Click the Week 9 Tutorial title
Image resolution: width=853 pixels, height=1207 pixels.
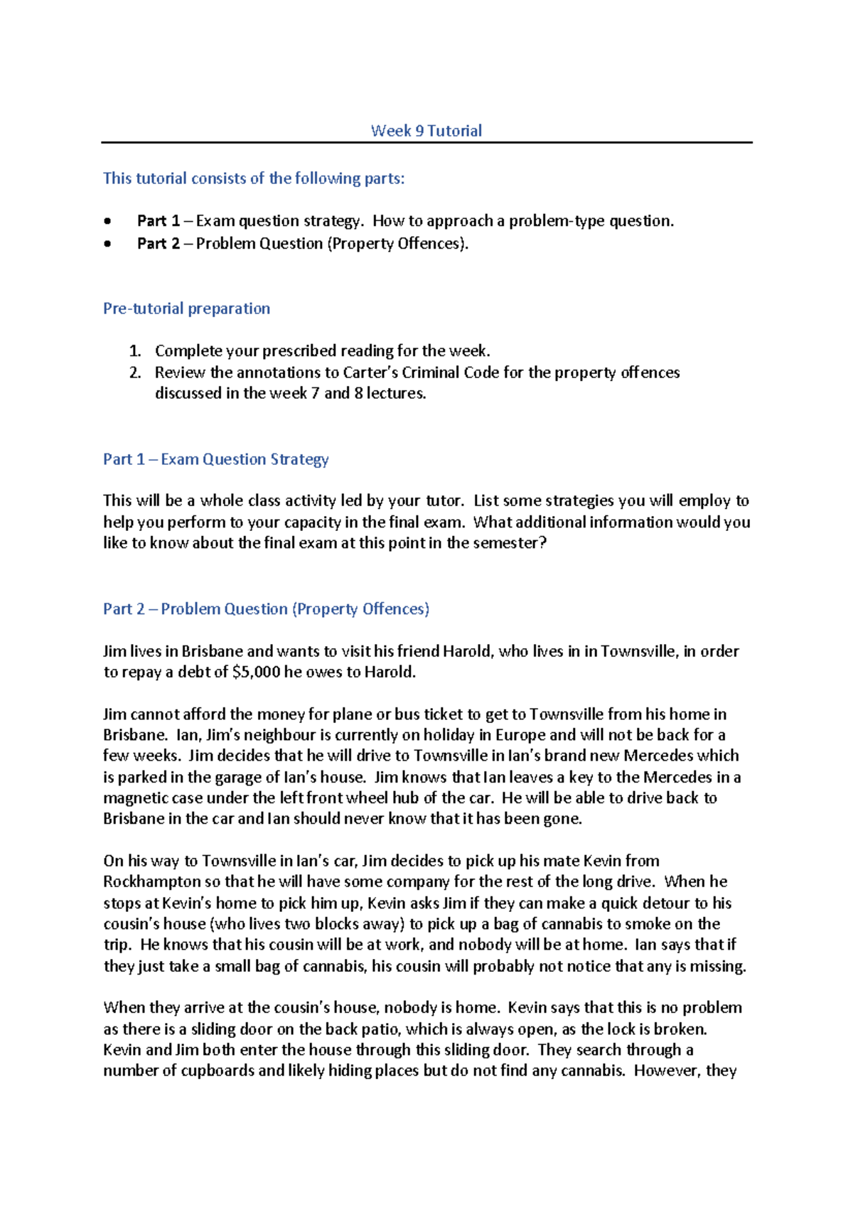pyautogui.click(x=426, y=131)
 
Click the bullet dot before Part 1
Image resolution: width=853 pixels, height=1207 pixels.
pyautogui.click(x=107, y=221)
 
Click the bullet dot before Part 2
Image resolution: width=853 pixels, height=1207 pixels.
pyautogui.click(x=107, y=244)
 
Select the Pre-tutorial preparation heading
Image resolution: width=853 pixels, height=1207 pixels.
pyautogui.click(x=186, y=309)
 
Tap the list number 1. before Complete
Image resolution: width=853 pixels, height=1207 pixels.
pyautogui.click(x=135, y=351)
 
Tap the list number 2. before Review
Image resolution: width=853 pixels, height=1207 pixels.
pyautogui.click(x=135, y=372)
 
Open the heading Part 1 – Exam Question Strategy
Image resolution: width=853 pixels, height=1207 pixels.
pyautogui.click(x=215, y=459)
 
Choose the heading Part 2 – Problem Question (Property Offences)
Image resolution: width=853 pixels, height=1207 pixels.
pyautogui.click(x=266, y=609)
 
